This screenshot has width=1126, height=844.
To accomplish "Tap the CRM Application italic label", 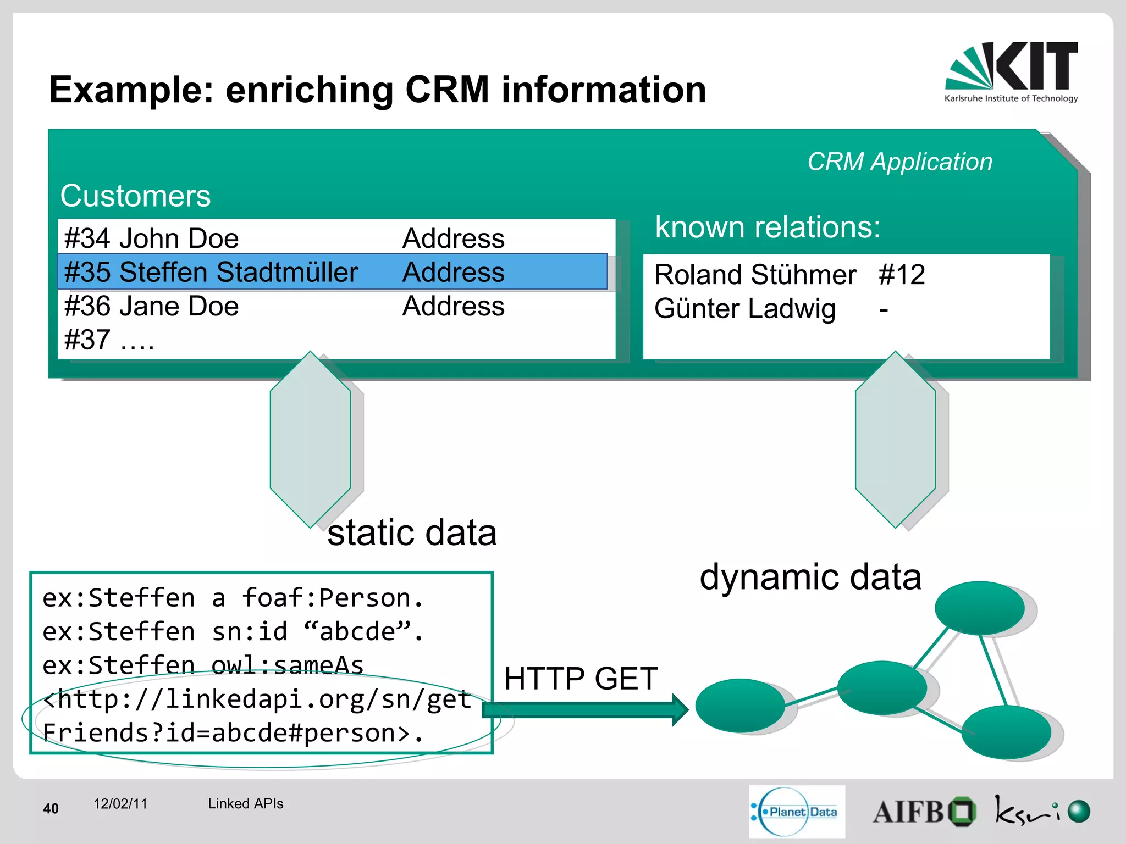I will [x=899, y=162].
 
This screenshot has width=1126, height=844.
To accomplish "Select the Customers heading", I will [x=135, y=196].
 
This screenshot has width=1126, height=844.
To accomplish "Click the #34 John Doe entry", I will [x=151, y=238].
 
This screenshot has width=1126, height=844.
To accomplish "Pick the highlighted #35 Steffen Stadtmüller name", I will [x=211, y=272].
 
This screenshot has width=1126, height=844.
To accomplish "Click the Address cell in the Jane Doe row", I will [x=453, y=306].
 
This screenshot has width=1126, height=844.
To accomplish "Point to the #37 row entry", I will [x=109, y=340].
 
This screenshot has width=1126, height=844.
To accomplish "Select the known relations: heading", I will [x=767, y=227].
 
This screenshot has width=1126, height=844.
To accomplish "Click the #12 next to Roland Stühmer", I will [x=902, y=274].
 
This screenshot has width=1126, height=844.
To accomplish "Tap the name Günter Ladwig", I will [x=744, y=308].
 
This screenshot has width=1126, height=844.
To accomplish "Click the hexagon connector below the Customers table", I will [x=310, y=440].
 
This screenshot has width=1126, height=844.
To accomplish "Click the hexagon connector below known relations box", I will [x=895, y=440].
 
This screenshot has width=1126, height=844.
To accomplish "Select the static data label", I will [x=412, y=532].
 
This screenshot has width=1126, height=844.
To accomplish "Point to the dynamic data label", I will [x=810, y=577].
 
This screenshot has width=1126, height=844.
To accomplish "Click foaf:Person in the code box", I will [x=332, y=598].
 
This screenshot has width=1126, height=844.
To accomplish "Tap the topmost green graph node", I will [x=979, y=608].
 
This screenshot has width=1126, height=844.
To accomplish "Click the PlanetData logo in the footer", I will [x=796, y=812].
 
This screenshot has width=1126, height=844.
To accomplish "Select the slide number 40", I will [x=51, y=808].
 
